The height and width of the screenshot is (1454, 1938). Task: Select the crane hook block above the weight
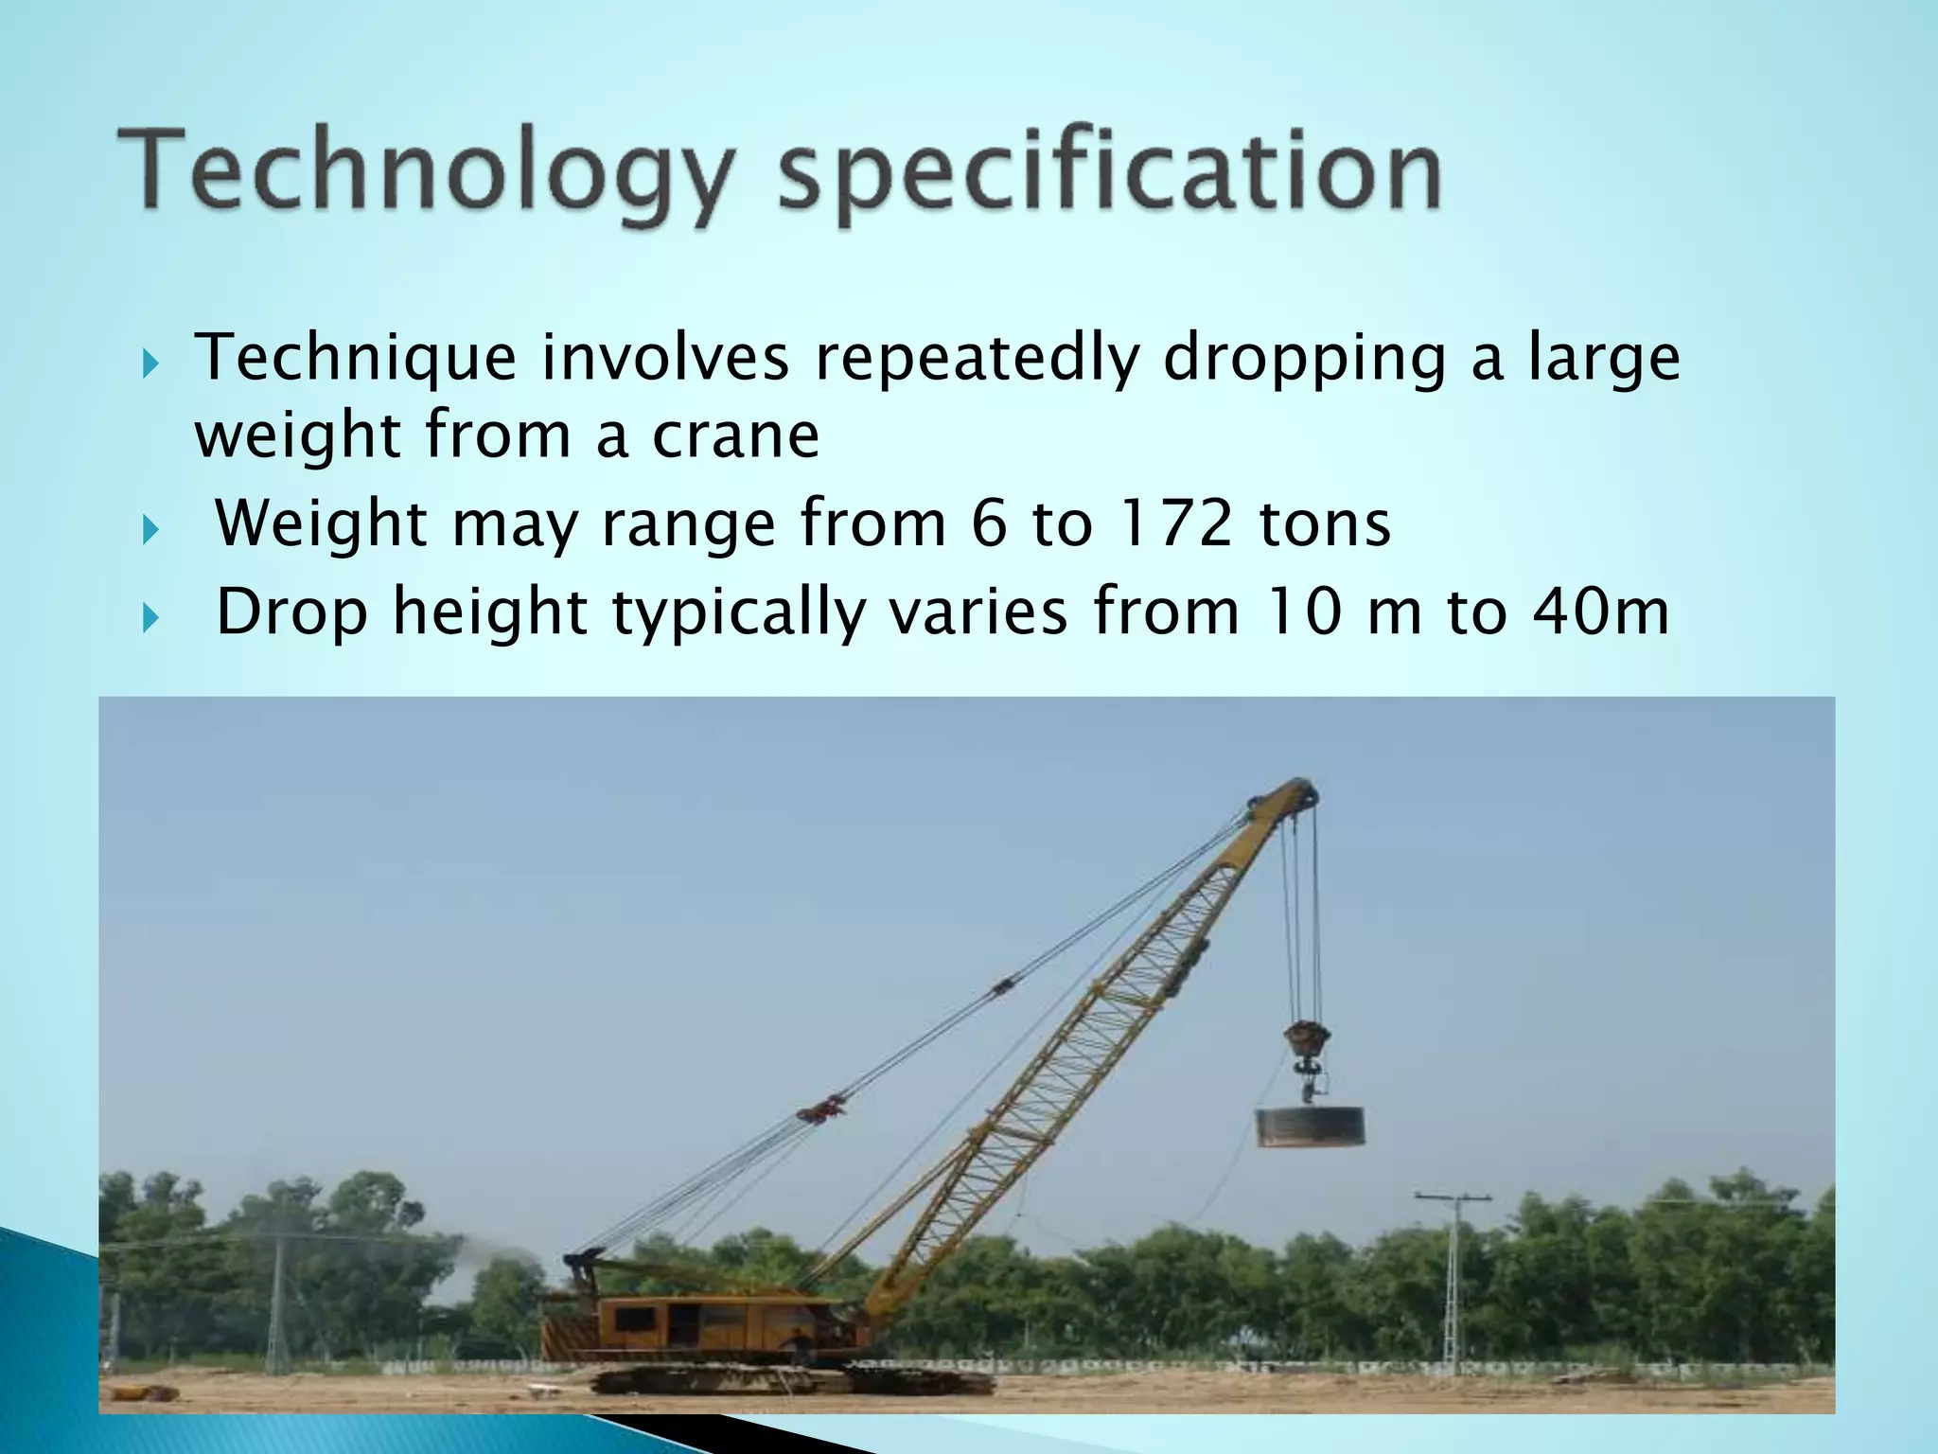1308,1041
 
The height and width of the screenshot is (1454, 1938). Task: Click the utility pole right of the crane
1453,1278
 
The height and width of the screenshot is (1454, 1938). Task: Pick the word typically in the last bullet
738,613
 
